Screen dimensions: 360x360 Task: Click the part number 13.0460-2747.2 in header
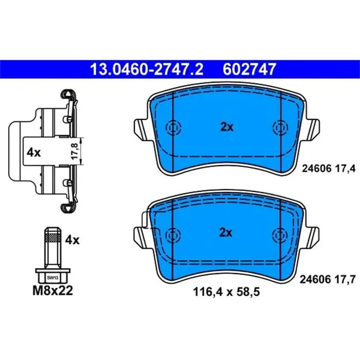click(x=147, y=68)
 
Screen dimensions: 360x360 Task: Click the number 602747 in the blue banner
click(x=249, y=68)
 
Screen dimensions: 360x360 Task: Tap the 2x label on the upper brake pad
click(x=226, y=128)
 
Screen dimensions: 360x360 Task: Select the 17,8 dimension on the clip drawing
click(x=75, y=152)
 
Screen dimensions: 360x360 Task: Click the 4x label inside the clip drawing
click(x=33, y=152)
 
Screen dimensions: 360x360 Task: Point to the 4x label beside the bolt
click(x=73, y=240)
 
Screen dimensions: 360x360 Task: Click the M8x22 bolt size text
click(x=52, y=291)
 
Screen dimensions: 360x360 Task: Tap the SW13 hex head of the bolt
click(x=52, y=277)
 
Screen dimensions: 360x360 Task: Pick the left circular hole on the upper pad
click(x=172, y=128)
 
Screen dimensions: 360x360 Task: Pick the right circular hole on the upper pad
click(x=280, y=128)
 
